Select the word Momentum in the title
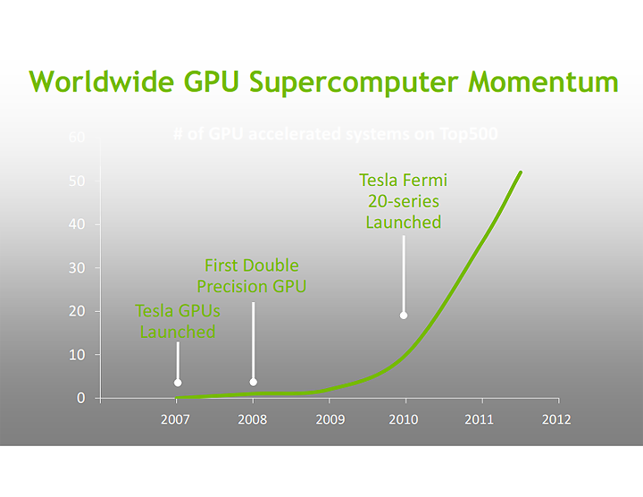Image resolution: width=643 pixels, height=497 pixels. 543,82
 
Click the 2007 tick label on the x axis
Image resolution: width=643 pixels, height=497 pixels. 177,419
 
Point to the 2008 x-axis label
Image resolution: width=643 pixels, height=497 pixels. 253,419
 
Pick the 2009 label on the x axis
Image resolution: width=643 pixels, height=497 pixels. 330,419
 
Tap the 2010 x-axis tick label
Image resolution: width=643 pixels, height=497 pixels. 405,419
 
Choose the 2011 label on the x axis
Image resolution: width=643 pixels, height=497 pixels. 480,419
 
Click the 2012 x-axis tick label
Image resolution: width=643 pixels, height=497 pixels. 556,419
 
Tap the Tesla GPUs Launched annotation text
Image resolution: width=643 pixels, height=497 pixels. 177,321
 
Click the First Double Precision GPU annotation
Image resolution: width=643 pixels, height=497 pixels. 252,275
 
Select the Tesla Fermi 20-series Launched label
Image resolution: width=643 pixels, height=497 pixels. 404,201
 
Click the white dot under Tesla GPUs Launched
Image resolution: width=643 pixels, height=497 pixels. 178,383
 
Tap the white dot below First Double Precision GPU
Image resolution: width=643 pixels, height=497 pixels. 254,382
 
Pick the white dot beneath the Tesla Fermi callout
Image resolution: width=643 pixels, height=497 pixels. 404,315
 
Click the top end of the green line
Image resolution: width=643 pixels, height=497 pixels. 521,173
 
